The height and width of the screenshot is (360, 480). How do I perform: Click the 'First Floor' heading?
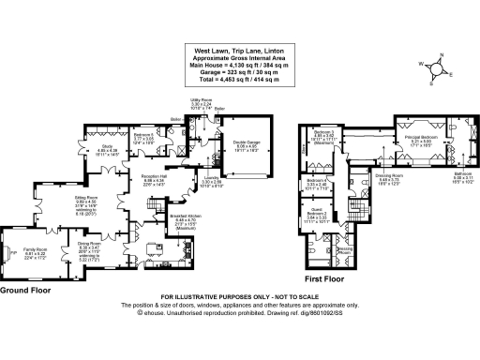[x=326, y=279]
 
